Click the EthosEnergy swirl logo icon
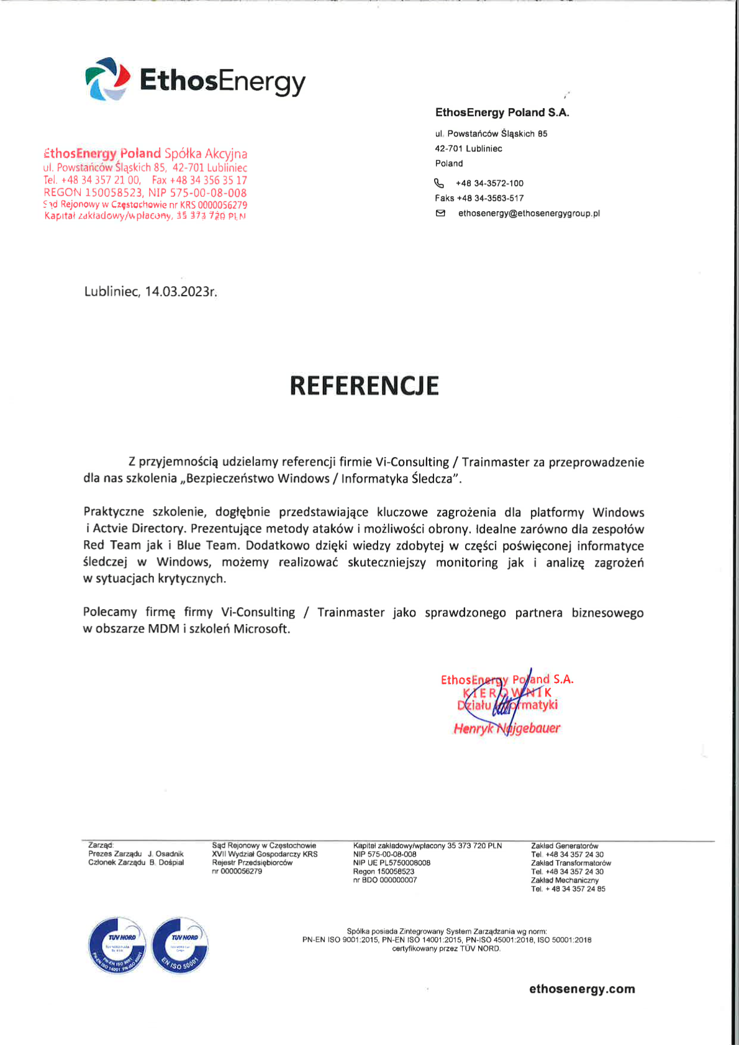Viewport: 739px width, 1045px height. (x=107, y=79)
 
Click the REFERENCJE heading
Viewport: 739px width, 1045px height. (x=364, y=386)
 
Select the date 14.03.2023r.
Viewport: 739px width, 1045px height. (x=181, y=291)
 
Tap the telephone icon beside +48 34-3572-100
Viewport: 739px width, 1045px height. (x=439, y=183)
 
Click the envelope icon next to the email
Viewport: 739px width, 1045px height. (x=440, y=213)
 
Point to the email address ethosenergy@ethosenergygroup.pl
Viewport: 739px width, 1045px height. (x=528, y=213)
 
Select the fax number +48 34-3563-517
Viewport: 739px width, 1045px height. (x=490, y=198)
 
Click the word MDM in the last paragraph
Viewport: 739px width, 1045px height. (x=163, y=628)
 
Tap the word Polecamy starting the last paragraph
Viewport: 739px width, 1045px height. (x=110, y=612)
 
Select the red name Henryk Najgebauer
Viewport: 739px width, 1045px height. (x=506, y=728)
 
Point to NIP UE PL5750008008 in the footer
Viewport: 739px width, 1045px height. (x=391, y=862)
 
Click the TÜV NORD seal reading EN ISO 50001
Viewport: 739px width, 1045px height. (x=180, y=946)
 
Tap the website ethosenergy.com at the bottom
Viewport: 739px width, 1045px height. (x=581, y=989)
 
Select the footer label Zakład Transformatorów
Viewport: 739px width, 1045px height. (x=571, y=863)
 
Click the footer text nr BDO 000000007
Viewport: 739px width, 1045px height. (x=385, y=880)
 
